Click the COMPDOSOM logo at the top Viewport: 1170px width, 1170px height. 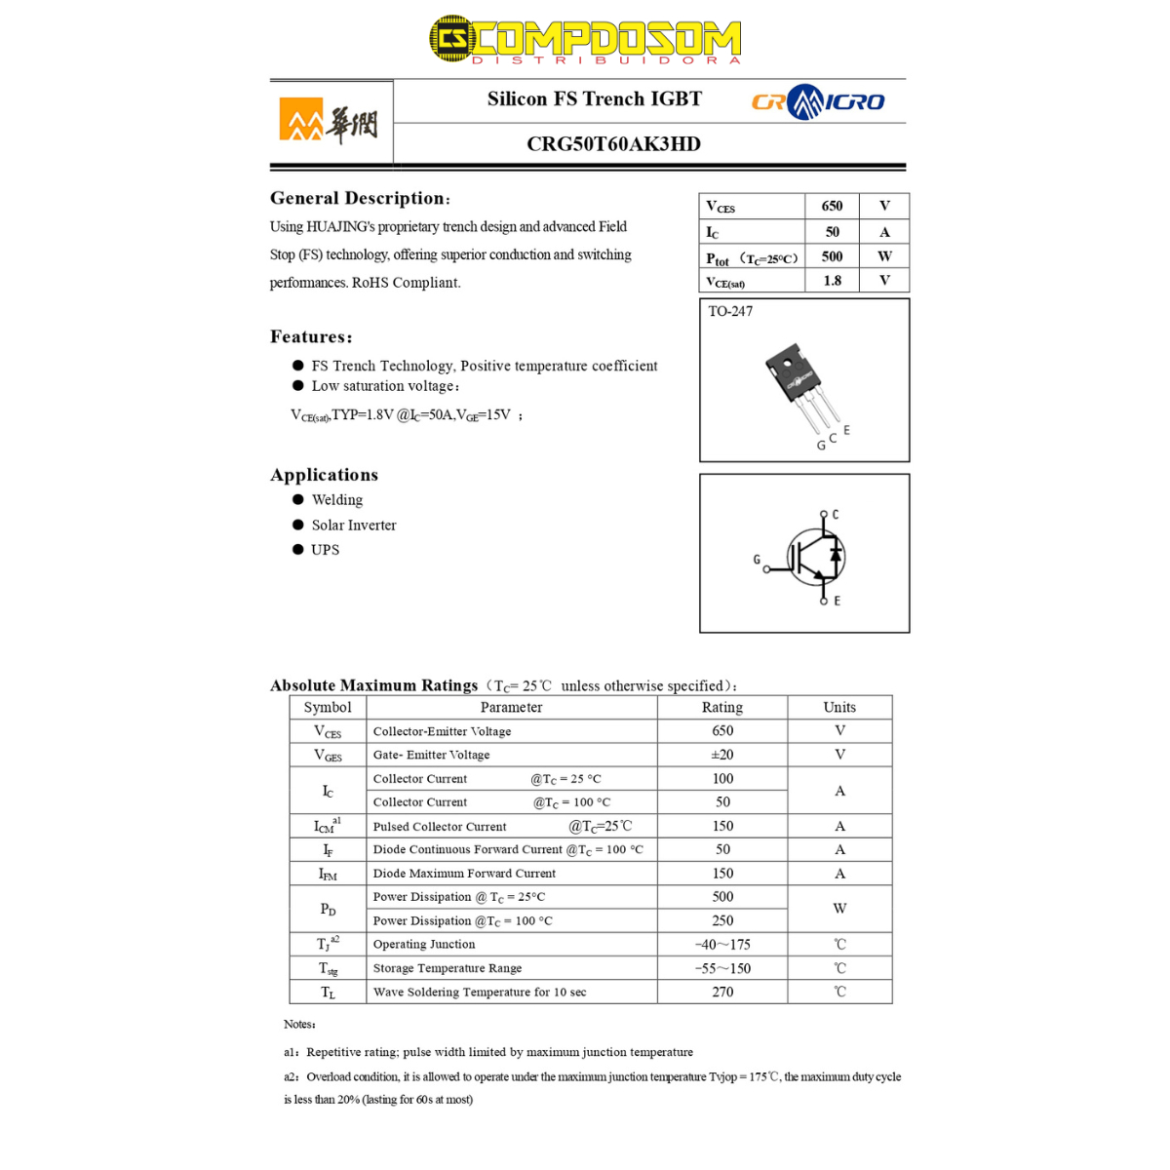(x=585, y=40)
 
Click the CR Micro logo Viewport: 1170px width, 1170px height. (x=817, y=101)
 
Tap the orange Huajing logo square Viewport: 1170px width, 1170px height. (x=301, y=119)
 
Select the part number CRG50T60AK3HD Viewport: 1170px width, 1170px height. (x=613, y=144)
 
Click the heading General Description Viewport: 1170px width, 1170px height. (x=359, y=198)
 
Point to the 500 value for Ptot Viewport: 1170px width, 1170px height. (x=832, y=256)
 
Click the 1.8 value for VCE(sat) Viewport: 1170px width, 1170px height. (x=832, y=281)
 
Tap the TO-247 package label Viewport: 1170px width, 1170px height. (x=730, y=311)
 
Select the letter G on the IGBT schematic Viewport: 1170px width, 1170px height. (x=757, y=560)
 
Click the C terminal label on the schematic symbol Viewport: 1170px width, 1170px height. (x=836, y=514)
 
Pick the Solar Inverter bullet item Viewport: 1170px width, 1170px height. (x=354, y=526)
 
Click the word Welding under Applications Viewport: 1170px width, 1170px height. (x=337, y=500)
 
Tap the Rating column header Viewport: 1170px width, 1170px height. (x=721, y=708)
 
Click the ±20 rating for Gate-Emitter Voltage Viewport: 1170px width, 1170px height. (x=721, y=755)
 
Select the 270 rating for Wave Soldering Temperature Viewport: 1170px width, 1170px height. (x=721, y=992)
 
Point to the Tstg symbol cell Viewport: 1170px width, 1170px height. (x=328, y=968)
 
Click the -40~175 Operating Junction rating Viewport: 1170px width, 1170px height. (x=721, y=945)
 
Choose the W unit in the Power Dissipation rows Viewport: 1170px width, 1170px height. (x=839, y=909)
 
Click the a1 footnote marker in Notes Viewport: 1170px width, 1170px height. (x=292, y=1053)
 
